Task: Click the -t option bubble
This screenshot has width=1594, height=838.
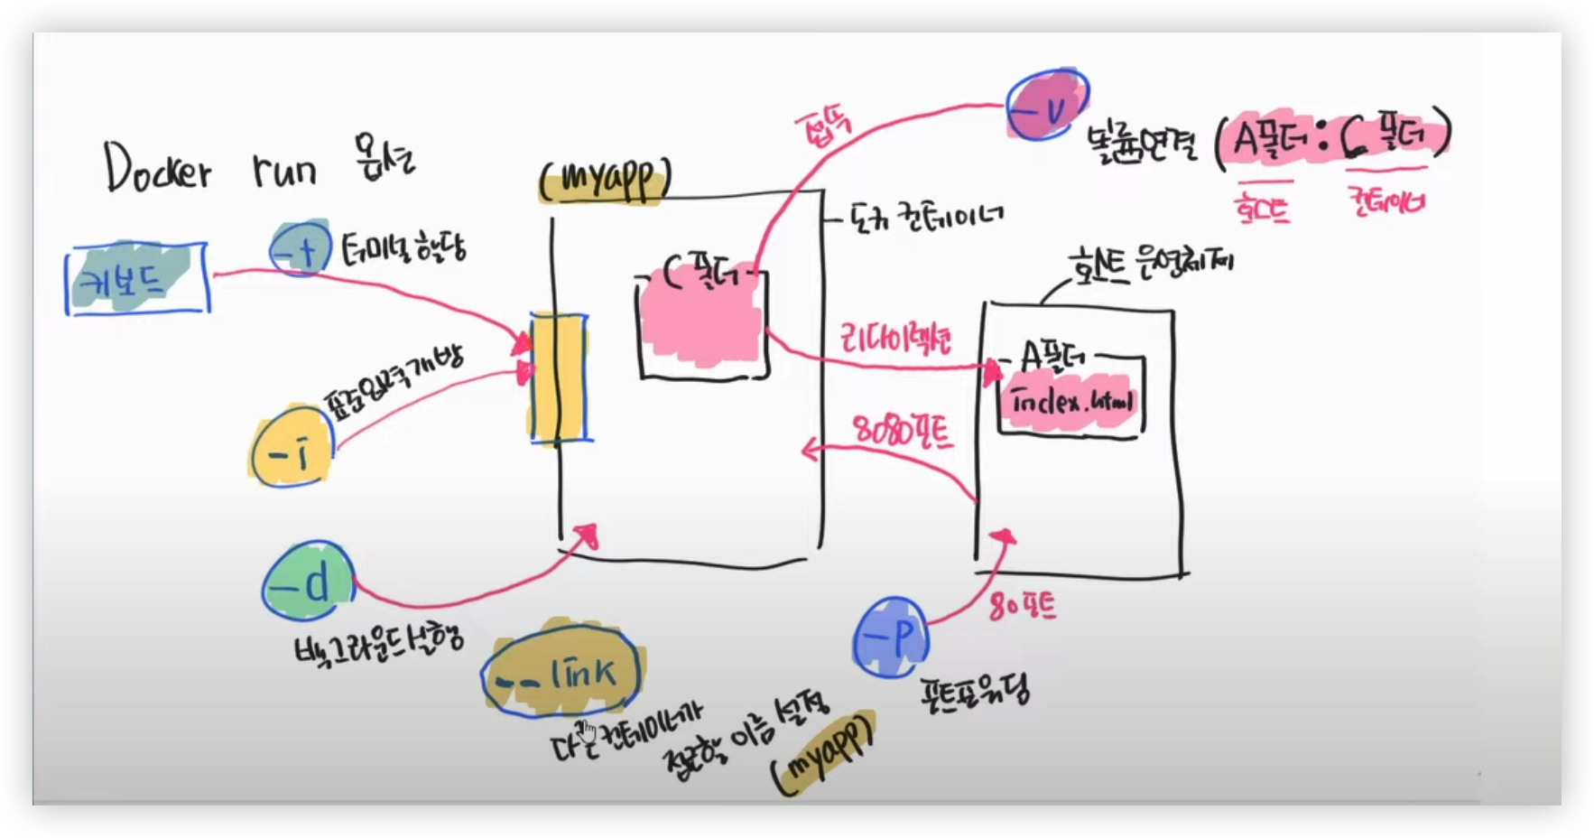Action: [x=301, y=247]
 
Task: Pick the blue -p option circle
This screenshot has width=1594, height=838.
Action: [x=891, y=638]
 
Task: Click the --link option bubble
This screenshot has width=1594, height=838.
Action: [x=561, y=672]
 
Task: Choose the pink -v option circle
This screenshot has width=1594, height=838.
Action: [x=1047, y=105]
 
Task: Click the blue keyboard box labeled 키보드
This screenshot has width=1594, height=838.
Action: [x=137, y=279]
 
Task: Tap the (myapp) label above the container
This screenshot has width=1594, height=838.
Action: [x=605, y=181]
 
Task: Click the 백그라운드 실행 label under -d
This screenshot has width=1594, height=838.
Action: [x=379, y=640]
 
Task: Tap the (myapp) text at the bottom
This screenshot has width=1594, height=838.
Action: [x=823, y=754]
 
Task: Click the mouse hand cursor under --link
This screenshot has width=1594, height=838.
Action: [x=588, y=729]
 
